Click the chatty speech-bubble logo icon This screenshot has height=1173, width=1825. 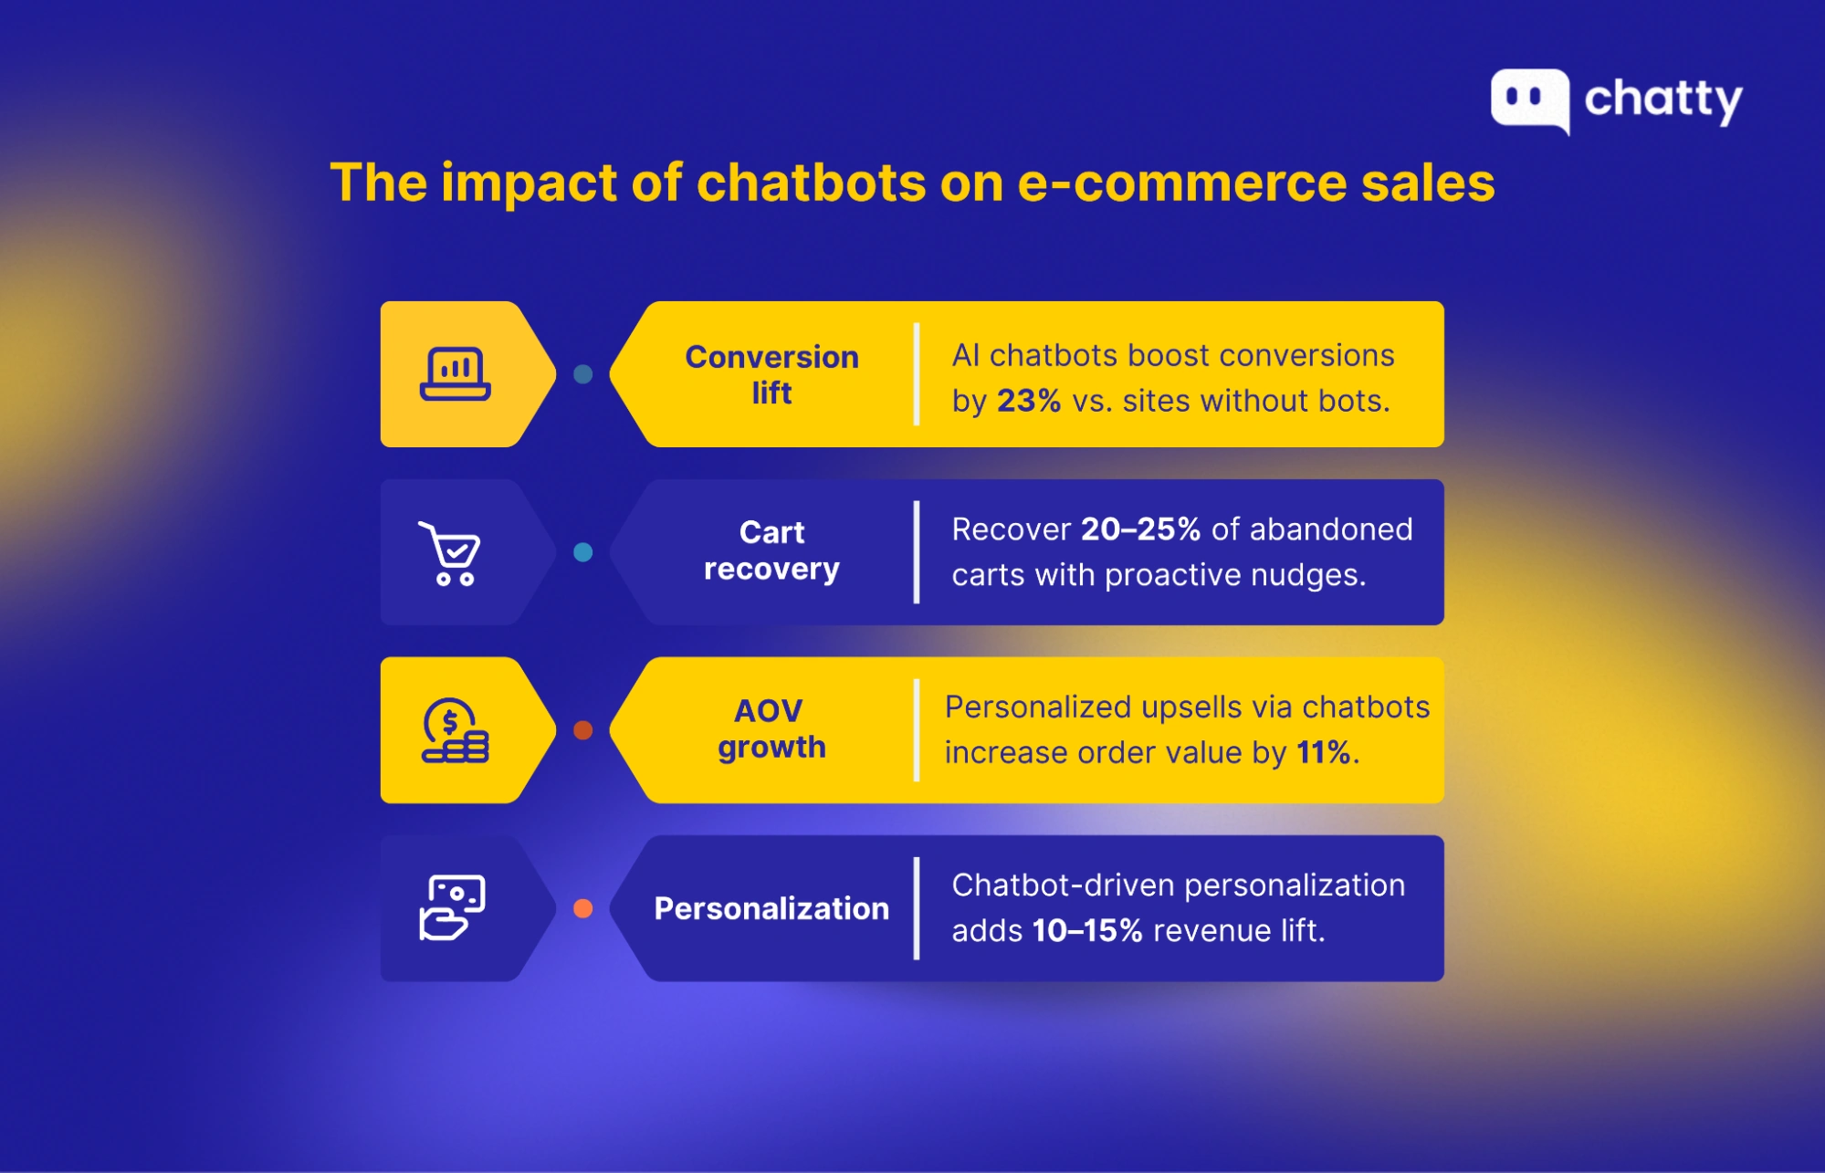pyautogui.click(x=1530, y=100)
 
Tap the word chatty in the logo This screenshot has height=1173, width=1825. pyautogui.click(x=1663, y=100)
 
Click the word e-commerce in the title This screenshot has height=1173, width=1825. pyautogui.click(x=1181, y=183)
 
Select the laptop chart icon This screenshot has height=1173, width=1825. pyautogui.click(x=456, y=374)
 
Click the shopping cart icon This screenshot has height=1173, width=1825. pyautogui.click(x=449, y=553)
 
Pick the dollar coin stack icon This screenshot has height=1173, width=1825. pyautogui.click(x=455, y=730)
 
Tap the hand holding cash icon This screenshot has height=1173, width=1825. pyautogui.click(x=452, y=907)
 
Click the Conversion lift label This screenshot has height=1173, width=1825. pyautogui.click(x=772, y=374)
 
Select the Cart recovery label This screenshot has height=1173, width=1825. pyautogui.click(x=771, y=550)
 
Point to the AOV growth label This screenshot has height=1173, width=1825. pyautogui.click(x=771, y=728)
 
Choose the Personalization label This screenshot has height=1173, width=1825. pyautogui.click(x=771, y=908)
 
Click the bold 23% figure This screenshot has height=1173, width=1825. pyautogui.click(x=1029, y=401)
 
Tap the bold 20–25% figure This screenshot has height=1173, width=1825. pyautogui.click(x=1140, y=529)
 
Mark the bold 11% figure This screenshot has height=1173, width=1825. pyautogui.click(x=1324, y=752)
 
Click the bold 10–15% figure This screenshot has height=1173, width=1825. pyautogui.click(x=1087, y=930)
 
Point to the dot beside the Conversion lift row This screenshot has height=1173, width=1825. pyautogui.click(x=582, y=374)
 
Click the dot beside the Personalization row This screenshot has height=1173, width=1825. pyautogui.click(x=582, y=908)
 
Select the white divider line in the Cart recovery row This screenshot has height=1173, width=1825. pyautogui.click(x=917, y=552)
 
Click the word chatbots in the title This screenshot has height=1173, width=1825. pyautogui.click(x=812, y=183)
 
